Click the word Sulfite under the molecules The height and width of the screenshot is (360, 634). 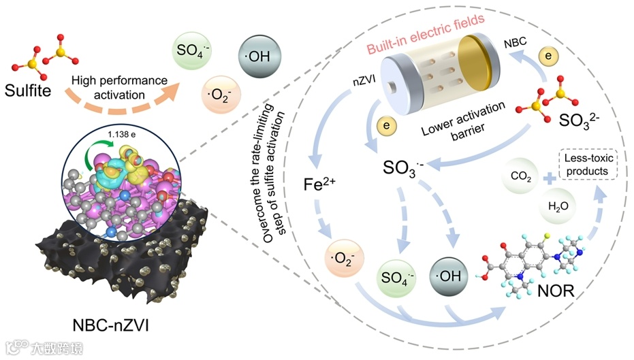click(x=38, y=89)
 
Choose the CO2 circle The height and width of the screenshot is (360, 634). click(x=522, y=177)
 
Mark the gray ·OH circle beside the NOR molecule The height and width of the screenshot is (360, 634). click(x=447, y=278)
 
